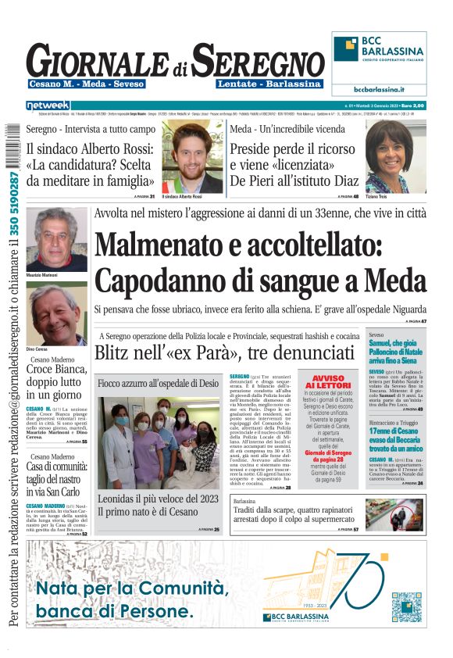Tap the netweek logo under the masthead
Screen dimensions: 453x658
click(x=48, y=105)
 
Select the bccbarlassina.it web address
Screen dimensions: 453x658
click(x=379, y=89)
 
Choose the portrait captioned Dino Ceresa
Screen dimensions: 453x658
click(x=55, y=313)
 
